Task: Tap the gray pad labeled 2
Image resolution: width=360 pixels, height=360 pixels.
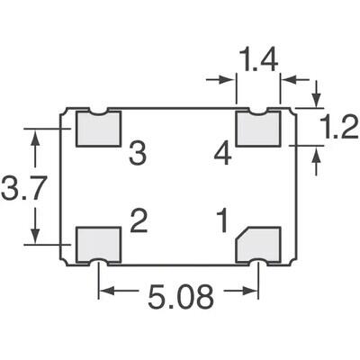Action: tap(97, 244)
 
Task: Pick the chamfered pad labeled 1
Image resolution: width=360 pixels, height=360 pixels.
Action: tap(258, 244)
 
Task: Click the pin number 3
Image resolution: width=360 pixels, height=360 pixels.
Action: tap(137, 154)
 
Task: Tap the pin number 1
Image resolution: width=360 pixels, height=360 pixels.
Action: tap(221, 221)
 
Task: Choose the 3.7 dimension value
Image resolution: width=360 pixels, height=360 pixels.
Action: tap(18, 190)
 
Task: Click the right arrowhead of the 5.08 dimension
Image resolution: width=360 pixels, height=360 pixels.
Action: tap(253, 291)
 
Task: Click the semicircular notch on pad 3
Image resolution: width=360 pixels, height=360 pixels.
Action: tap(98, 112)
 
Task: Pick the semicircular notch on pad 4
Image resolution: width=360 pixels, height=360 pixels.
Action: tap(258, 112)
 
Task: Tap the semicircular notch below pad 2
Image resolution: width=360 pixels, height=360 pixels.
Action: tap(98, 261)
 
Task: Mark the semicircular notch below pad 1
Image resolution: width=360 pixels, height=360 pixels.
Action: tap(258, 261)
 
